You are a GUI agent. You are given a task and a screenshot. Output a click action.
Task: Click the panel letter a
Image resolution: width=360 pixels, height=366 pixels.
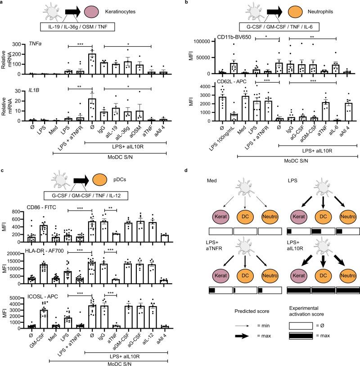(3, 3)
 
